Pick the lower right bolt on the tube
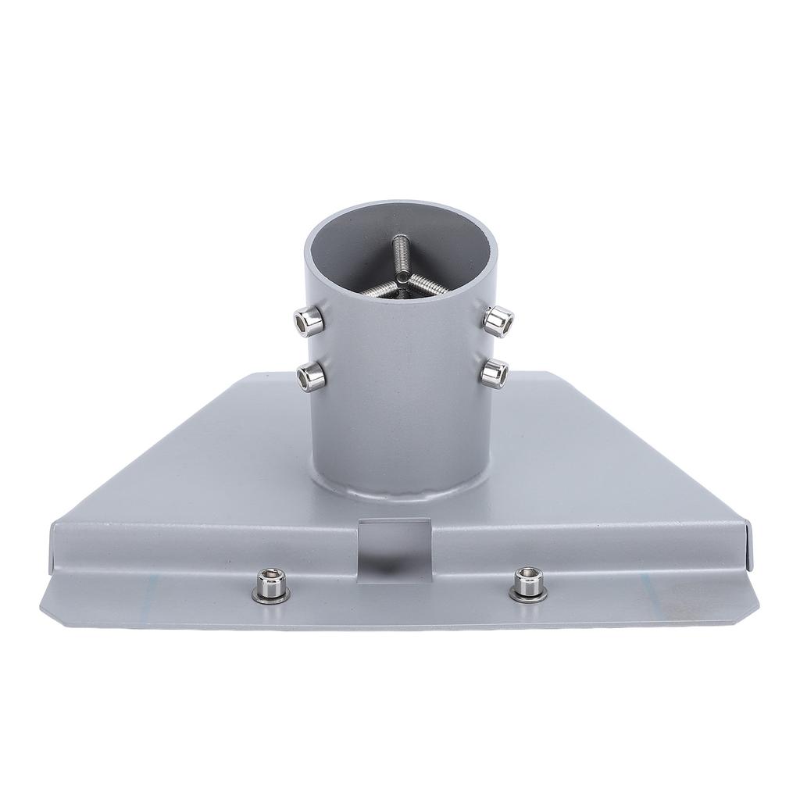click(x=494, y=373)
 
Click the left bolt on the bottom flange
click(x=270, y=585)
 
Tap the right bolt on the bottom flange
click(x=527, y=584)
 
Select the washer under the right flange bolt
click(x=527, y=596)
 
